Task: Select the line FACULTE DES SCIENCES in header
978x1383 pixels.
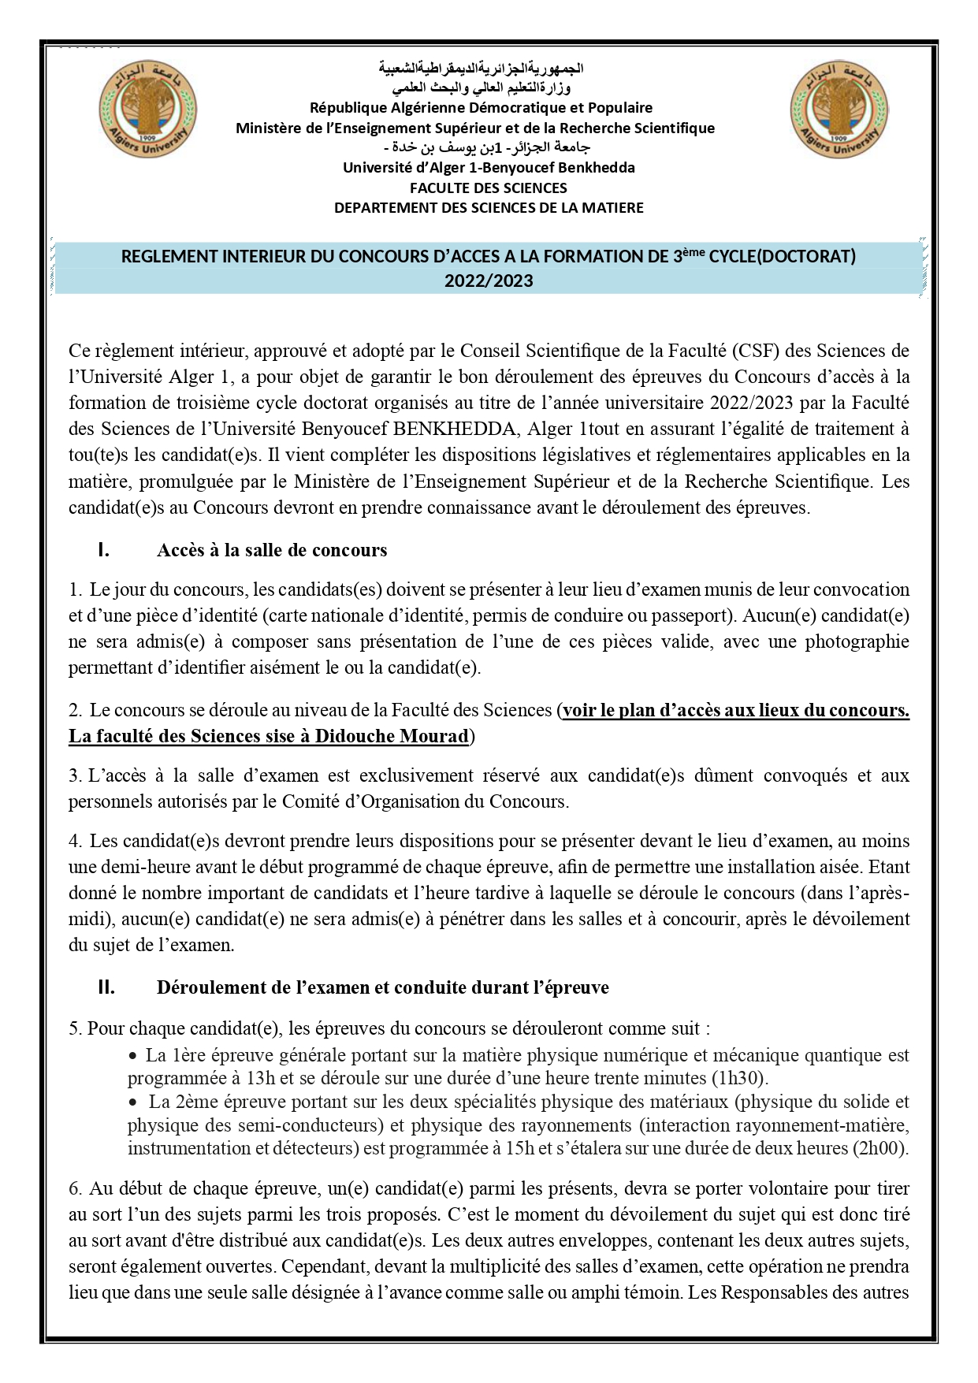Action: click(x=488, y=188)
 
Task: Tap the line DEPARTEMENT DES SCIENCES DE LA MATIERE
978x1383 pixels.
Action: click(x=488, y=208)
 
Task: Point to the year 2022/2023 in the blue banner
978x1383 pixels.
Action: click(x=488, y=281)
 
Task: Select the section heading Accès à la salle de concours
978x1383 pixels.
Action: click(x=272, y=550)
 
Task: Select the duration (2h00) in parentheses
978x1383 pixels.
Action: click(x=880, y=1148)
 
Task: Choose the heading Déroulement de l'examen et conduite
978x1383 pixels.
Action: click(x=382, y=987)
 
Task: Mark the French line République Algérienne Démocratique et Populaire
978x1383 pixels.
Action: click(x=481, y=107)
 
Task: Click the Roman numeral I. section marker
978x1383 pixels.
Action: click(x=103, y=550)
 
